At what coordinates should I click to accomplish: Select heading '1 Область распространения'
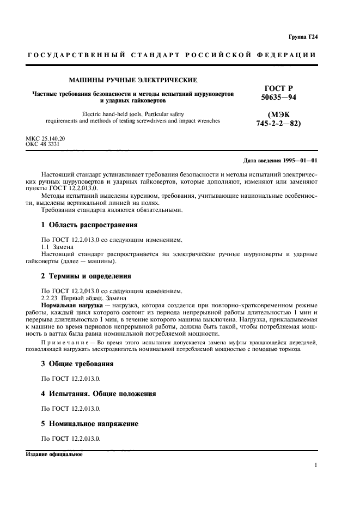(90, 224)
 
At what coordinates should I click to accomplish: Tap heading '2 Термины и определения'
(87, 276)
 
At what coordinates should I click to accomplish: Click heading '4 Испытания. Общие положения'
(99, 393)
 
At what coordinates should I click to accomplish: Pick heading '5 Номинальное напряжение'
(90, 423)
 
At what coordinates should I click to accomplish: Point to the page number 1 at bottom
(316, 466)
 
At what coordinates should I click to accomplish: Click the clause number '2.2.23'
(51, 298)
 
